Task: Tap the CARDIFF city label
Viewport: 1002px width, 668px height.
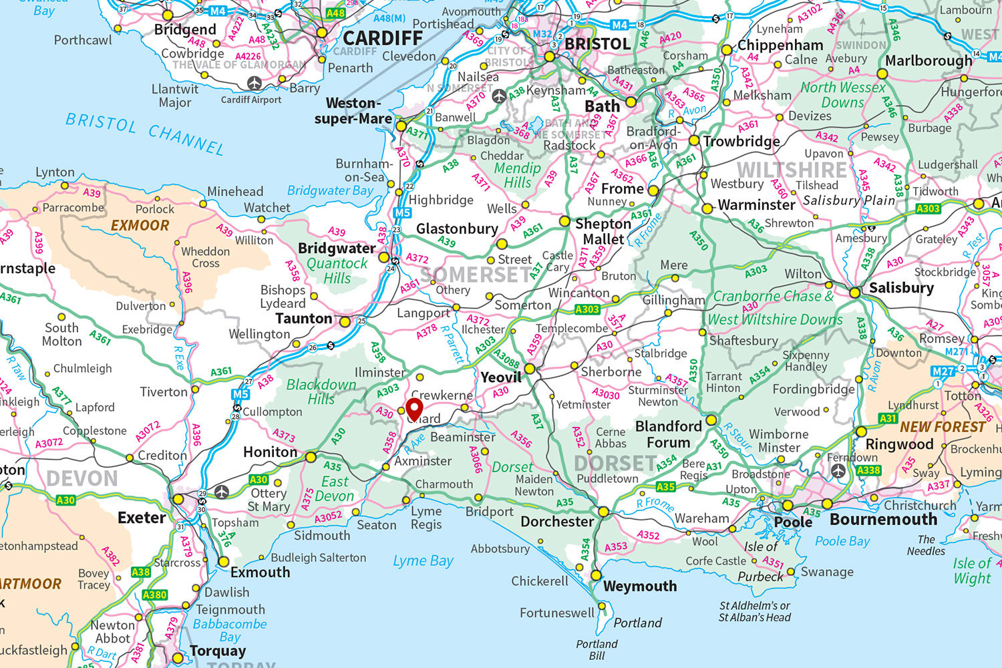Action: [383, 37]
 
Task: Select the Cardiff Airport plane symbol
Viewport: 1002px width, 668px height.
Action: [255, 83]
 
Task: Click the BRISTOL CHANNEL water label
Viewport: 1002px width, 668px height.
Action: [144, 132]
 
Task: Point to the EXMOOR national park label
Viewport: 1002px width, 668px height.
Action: [140, 225]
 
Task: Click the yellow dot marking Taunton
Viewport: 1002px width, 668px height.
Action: [345, 322]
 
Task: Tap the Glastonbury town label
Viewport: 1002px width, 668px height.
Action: [457, 228]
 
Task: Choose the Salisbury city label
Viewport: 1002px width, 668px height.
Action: [901, 288]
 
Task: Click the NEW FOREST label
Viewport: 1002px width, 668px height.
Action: [942, 426]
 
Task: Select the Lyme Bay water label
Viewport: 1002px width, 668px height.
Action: [423, 560]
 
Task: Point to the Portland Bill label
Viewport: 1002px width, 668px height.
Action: [597, 649]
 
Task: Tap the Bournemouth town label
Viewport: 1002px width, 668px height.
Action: [883, 519]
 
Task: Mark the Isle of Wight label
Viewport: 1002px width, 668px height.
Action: [972, 571]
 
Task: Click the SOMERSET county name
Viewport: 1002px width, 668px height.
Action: [475, 275]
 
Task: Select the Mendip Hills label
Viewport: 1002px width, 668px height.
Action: [517, 176]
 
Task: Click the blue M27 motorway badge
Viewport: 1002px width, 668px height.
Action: [943, 371]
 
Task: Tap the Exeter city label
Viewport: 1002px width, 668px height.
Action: [142, 517]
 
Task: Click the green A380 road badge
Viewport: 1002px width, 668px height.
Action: [154, 595]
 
